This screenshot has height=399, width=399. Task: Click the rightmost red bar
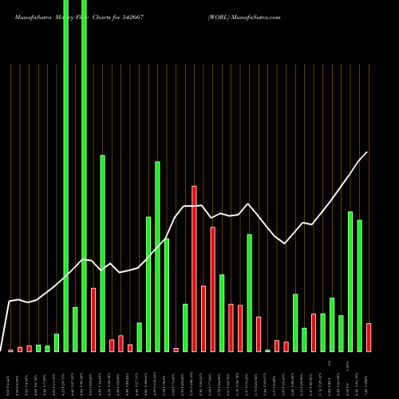point(369,337)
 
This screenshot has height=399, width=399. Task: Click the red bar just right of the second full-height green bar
point(93,319)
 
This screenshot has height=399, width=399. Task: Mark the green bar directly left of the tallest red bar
point(185,327)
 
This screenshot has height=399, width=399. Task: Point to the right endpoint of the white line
point(368,152)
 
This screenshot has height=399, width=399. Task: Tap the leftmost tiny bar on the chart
point(10,350)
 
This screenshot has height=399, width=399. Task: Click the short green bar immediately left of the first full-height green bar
point(57,342)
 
